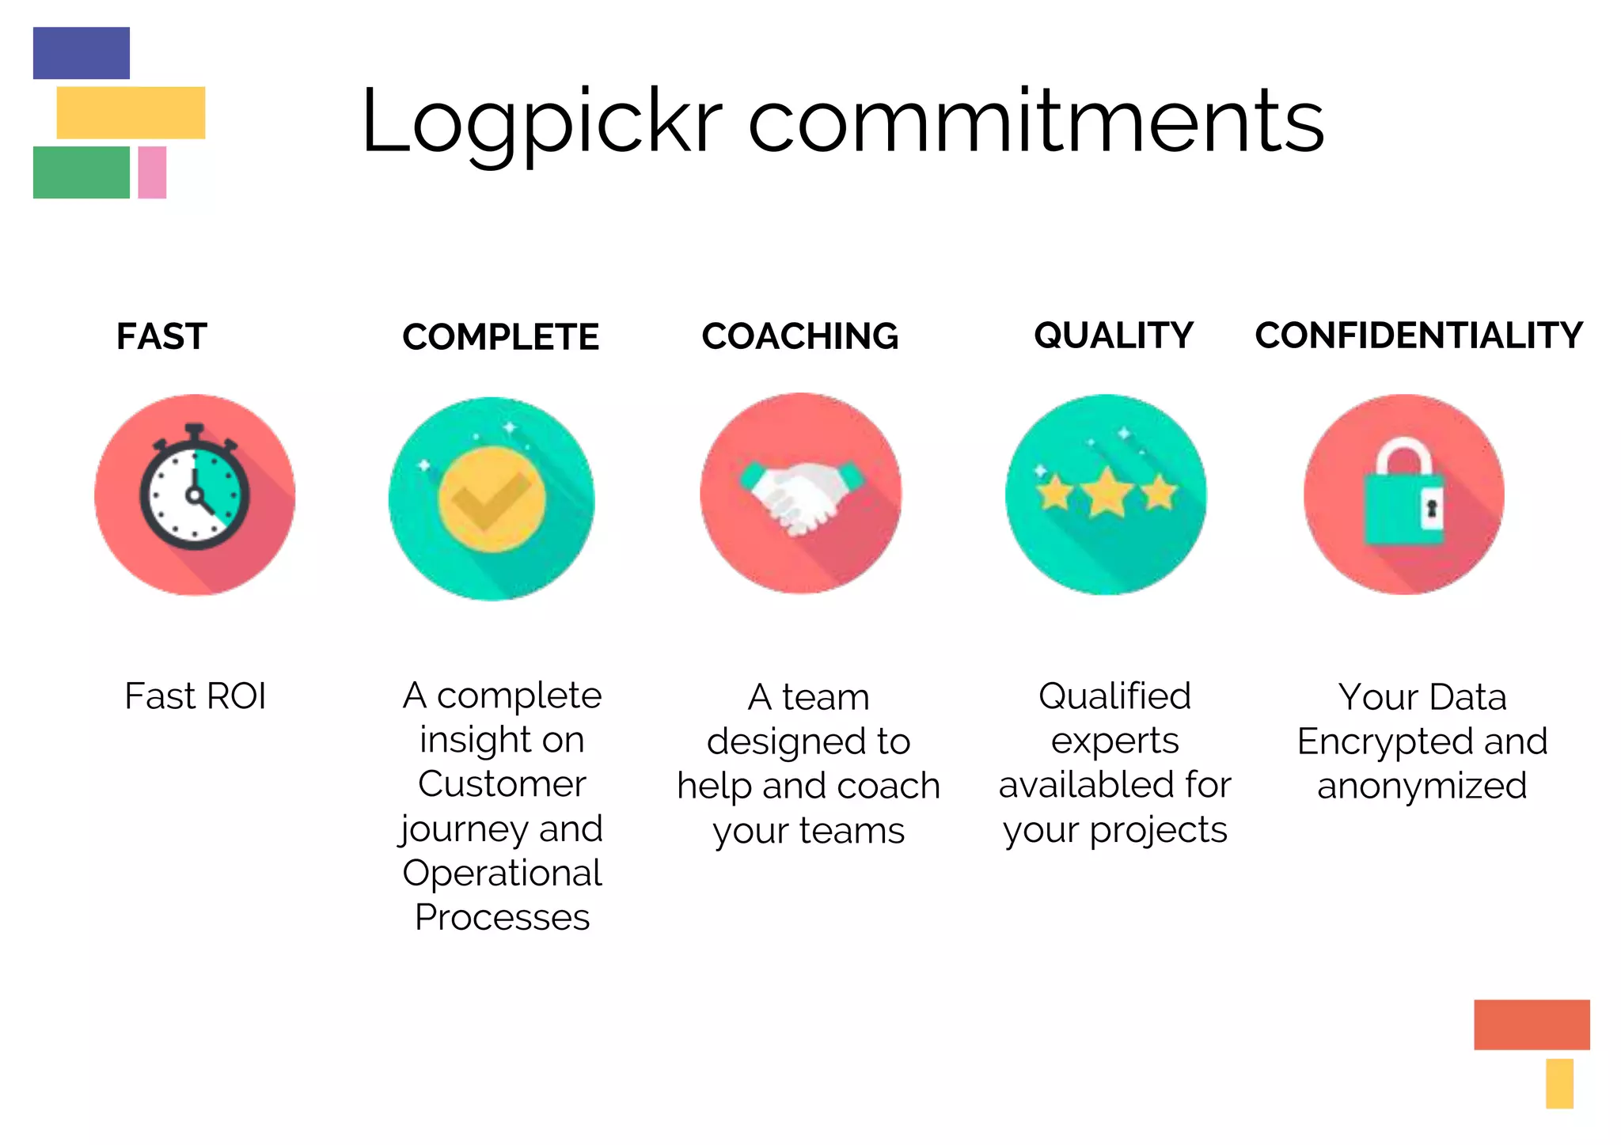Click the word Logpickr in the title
click(x=541, y=123)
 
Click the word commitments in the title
click(x=1036, y=123)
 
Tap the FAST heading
click(x=162, y=337)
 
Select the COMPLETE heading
click(x=500, y=337)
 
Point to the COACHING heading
click(x=800, y=336)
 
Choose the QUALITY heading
click(x=1114, y=336)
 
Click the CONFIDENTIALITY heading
click(x=1418, y=336)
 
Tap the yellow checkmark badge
click(x=492, y=499)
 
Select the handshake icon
click(x=801, y=495)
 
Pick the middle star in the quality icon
click(x=1107, y=492)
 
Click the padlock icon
click(x=1403, y=495)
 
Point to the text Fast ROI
click(x=195, y=696)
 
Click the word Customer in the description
click(x=502, y=784)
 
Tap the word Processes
click(x=502, y=917)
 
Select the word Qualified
click(x=1114, y=696)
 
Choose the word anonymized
click(x=1422, y=786)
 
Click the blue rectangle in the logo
click(x=82, y=53)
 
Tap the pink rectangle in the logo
click(x=152, y=172)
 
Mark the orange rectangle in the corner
click(x=1532, y=1025)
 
